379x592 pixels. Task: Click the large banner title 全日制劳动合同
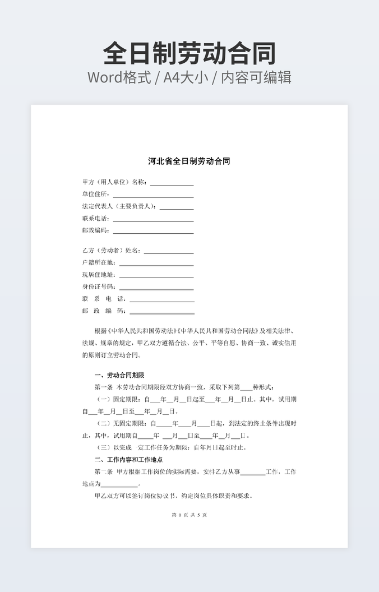[189, 54]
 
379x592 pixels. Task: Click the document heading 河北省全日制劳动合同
[189, 161]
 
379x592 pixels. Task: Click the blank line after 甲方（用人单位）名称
[172, 183]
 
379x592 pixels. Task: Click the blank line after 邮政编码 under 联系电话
[153, 231]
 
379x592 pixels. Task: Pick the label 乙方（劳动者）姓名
[111, 251]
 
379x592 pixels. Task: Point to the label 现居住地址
[99, 275]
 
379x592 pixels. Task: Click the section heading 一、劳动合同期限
[119, 375]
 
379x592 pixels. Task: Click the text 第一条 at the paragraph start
[104, 387]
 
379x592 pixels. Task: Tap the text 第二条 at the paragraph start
[104, 472]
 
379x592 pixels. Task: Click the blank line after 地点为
[119, 485]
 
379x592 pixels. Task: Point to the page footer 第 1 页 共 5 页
[189, 515]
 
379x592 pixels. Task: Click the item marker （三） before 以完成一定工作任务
[104, 448]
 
